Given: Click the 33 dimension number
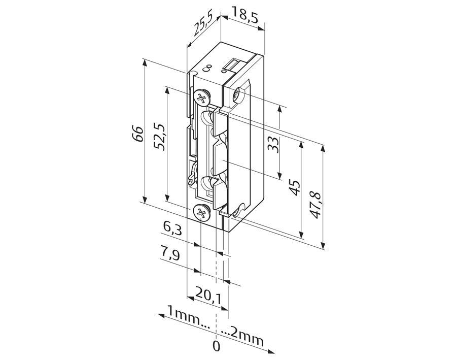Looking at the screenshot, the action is [x=273, y=145].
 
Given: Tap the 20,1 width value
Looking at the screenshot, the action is [x=208, y=294].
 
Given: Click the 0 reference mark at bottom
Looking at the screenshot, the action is [x=217, y=346].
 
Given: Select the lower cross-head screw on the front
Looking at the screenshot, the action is [x=201, y=213].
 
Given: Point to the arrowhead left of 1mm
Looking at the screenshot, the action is [x=161, y=315].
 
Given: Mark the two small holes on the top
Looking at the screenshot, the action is [x=207, y=67].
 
